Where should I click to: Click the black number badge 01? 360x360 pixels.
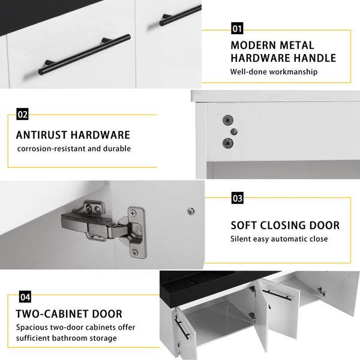coord(237,28)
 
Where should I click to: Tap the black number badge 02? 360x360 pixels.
coord(22,114)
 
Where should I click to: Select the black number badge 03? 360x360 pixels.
coord(238,198)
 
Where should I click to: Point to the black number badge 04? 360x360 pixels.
coord(25,297)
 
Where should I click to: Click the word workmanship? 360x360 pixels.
coord(293,71)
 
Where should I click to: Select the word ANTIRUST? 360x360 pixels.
coord(41,135)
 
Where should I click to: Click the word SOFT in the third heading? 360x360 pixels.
coord(244,226)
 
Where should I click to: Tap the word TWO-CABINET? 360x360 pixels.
coord(52,314)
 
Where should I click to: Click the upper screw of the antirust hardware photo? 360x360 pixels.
coord(228,120)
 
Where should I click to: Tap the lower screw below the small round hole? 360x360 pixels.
coord(228,143)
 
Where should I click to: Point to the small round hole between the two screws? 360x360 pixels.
coord(234,131)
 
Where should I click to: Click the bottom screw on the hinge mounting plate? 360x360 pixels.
coord(134,253)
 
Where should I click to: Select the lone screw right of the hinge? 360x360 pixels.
coord(191,211)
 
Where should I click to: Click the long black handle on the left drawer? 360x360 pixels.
coord(85,55)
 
